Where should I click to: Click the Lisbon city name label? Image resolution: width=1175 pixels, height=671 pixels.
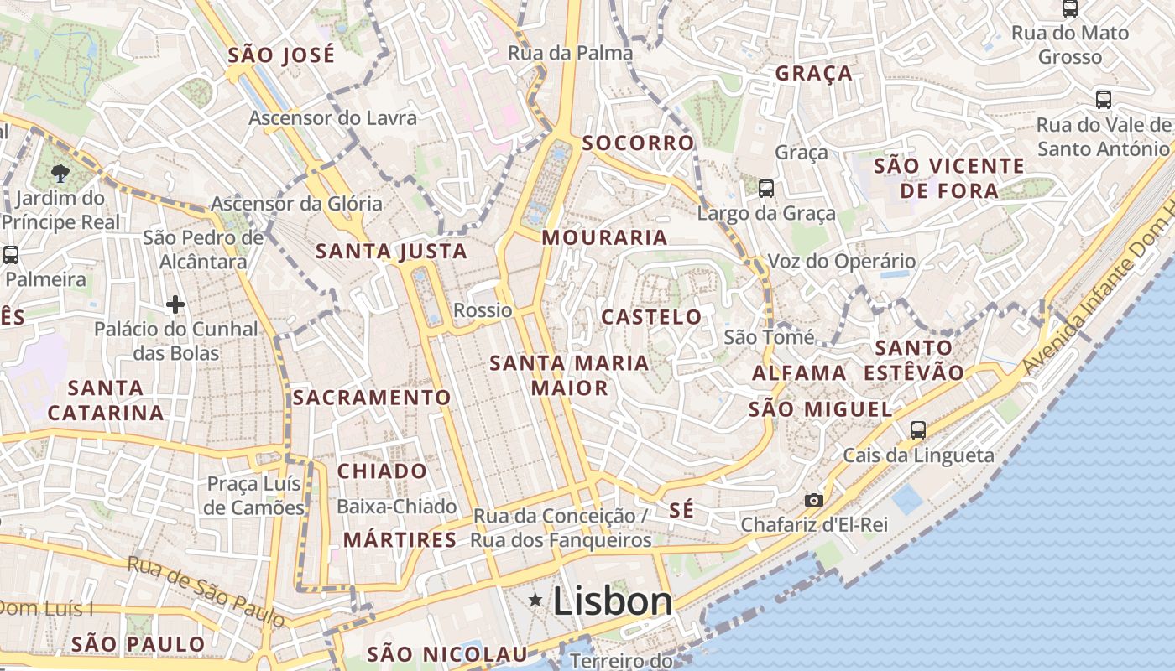613,601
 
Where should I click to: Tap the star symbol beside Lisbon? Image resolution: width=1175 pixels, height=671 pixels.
535,600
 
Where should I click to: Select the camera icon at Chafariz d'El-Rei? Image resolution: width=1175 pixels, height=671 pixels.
813,500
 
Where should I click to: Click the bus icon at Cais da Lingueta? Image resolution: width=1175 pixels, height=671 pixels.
918,430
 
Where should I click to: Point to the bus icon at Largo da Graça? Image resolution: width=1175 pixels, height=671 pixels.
766,188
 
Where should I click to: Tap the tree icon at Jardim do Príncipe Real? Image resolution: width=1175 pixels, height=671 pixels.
60,174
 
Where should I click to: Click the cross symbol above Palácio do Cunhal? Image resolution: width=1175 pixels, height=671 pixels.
175,304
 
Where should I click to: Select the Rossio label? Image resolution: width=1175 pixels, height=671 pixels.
483,310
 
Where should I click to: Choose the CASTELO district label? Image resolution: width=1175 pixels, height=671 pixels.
651,317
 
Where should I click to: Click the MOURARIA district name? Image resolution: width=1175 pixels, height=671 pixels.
604,237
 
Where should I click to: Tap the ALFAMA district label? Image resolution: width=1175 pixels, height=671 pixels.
799,373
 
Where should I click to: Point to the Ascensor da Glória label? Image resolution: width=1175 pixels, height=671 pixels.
296,204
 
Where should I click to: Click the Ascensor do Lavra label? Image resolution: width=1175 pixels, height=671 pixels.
332,118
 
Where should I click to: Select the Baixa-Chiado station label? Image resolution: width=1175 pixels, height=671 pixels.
396,507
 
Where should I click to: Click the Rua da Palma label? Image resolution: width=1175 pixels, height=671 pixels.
571,53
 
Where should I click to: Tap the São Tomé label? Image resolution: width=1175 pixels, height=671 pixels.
769,337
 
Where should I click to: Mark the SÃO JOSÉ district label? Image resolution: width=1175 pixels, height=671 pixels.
281,55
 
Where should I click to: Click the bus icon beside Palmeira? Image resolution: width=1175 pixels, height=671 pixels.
11,255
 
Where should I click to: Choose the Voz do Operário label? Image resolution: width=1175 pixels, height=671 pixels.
841,261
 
